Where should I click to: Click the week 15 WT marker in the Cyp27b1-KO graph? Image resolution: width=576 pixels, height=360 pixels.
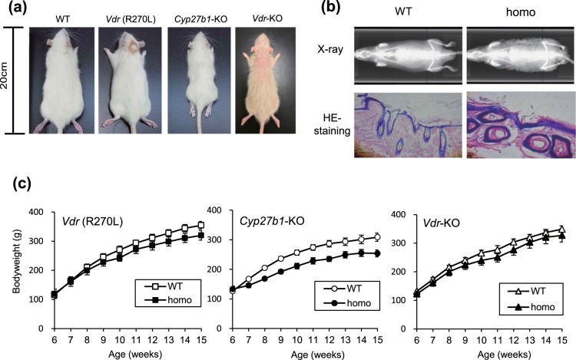click(376, 237)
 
